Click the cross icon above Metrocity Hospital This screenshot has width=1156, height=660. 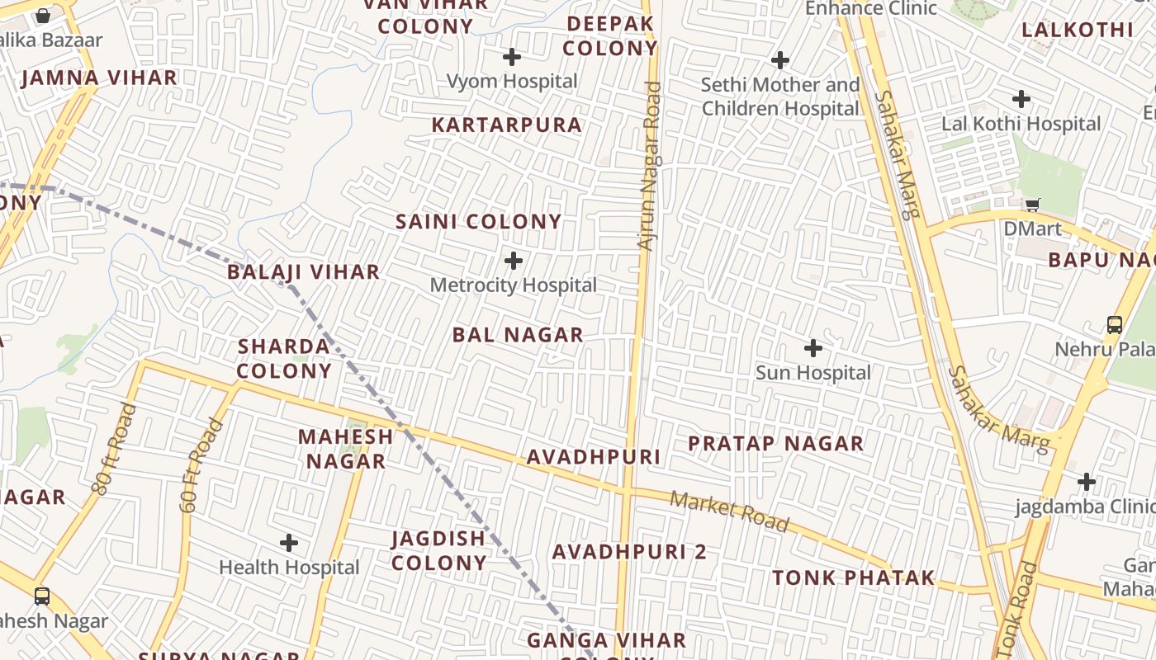514,262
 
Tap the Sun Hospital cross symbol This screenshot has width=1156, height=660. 813,348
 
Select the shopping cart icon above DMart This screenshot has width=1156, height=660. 1032,205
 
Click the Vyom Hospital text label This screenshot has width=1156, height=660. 512,81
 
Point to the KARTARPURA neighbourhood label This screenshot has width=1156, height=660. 507,125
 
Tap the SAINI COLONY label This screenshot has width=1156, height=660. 479,222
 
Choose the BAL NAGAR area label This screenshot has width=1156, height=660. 518,335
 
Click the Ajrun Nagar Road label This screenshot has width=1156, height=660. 650,165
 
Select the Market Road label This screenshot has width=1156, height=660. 729,511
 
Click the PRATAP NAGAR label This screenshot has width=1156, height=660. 776,444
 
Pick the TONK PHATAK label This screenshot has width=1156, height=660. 854,577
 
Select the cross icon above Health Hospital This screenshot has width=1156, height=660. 289,543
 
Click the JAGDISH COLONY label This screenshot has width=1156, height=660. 438,550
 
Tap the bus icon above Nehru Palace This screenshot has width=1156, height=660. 1115,324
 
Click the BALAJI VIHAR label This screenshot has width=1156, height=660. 304,272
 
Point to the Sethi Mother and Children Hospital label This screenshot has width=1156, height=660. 780,97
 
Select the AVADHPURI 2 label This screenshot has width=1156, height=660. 629,552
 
